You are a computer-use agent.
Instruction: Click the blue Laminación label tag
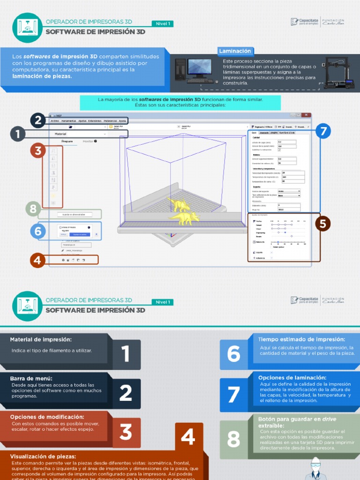pos(235,51)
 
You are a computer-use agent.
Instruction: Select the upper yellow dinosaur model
pos(179,204)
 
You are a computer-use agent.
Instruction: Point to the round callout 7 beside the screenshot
pos(323,131)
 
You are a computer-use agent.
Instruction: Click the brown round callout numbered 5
pos(322,224)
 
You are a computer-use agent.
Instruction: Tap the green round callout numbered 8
pos(33,209)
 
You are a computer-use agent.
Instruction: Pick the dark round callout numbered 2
pos(38,120)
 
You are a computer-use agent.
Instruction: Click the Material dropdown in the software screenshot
pos(77,134)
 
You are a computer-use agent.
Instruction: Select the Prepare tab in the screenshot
pos(67,141)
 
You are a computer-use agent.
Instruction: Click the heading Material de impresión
pos(41,339)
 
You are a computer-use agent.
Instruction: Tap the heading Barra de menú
pos(31,378)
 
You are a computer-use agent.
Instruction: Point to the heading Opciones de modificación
pos(47,417)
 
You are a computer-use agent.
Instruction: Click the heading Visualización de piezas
pos(43,456)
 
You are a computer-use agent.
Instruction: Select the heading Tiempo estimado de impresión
pos(301,339)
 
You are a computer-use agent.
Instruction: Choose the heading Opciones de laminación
pos(292,377)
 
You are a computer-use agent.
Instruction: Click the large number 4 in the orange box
pos(188,437)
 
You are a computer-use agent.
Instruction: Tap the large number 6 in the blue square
pos(233,354)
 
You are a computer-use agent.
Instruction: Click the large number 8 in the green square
pos(233,439)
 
